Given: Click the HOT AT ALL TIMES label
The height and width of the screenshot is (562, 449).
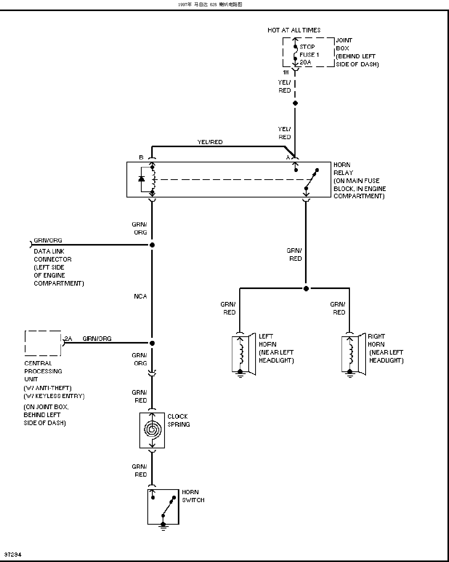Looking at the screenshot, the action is click(x=294, y=30).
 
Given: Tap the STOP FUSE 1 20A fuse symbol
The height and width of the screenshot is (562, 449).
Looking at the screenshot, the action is click(x=295, y=53).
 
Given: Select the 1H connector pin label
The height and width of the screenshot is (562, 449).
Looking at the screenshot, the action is click(x=286, y=72).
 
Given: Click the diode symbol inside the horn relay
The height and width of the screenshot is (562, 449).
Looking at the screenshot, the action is click(x=141, y=179).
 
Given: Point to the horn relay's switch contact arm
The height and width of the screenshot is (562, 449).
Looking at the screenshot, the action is click(x=312, y=180).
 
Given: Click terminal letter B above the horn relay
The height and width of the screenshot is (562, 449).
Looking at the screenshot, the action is click(x=141, y=157).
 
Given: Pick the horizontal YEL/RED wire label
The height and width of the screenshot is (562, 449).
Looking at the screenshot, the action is click(x=210, y=142).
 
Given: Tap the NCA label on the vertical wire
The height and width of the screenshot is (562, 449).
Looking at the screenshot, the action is click(x=141, y=296).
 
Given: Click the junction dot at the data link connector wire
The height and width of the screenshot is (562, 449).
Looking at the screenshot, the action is click(x=152, y=245).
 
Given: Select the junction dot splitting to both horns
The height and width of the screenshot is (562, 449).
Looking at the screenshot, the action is click(x=306, y=289).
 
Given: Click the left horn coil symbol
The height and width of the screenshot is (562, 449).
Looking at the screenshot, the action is click(x=241, y=354).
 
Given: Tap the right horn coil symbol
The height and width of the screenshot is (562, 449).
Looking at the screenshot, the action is click(x=351, y=354).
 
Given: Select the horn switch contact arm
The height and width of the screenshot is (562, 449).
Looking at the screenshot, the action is click(x=168, y=506).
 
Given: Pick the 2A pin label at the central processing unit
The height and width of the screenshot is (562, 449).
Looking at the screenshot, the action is click(x=68, y=339).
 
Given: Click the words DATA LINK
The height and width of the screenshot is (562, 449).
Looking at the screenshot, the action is click(x=49, y=252).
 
